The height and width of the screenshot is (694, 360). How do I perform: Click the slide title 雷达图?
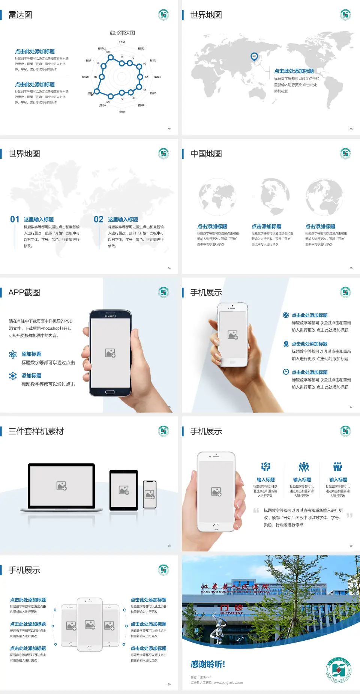point(20,15)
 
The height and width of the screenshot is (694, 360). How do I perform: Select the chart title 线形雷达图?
point(122,33)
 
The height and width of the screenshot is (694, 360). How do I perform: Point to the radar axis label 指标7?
point(122,112)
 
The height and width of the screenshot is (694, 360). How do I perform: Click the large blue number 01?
point(15,219)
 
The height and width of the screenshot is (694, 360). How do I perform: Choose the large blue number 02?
point(99,219)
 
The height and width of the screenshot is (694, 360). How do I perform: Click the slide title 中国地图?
point(206,154)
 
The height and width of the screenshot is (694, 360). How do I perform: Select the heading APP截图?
point(24,293)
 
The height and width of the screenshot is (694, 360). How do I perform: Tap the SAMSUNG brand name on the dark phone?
point(110,316)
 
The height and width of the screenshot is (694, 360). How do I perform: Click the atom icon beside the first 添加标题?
point(13,355)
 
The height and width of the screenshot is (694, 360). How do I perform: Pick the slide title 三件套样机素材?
point(36,431)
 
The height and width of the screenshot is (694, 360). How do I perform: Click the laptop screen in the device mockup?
point(61,485)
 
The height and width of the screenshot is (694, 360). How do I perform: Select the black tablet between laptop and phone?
point(124,490)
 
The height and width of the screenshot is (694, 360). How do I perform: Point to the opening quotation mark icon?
point(256,511)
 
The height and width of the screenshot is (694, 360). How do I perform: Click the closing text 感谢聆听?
point(208,664)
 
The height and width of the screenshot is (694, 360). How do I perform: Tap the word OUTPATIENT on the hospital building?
point(231,613)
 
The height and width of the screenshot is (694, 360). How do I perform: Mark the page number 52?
point(169,129)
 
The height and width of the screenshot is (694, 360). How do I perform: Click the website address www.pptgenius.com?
point(228,683)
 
